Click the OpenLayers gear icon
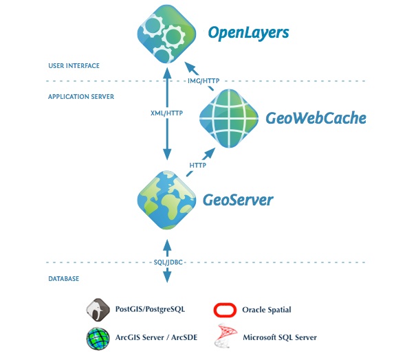165,33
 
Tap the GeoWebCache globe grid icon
228,117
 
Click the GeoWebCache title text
316,117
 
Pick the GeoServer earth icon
165,199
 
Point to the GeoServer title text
238,200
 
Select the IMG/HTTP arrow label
203,81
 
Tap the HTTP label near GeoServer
198,166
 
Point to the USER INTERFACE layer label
74,66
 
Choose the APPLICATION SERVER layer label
80,97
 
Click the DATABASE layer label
63,279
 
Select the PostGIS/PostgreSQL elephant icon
98,310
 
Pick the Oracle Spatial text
267,310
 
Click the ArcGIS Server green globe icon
98,338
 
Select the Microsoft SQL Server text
280,338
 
